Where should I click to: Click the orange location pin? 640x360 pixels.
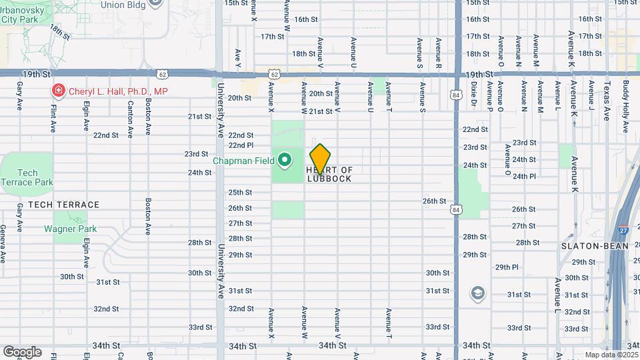[x=321, y=159]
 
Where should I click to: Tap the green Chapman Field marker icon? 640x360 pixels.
[x=285, y=160]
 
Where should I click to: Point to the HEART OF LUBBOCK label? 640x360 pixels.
[x=329, y=175]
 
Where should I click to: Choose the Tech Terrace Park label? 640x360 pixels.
[x=27, y=177]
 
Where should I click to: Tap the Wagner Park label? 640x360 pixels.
[x=70, y=229]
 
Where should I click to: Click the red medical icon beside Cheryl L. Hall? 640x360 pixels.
[x=59, y=91]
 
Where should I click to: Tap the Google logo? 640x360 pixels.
[x=22, y=351]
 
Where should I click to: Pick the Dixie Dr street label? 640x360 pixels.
[x=474, y=94]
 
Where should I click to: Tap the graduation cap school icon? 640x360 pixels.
[x=477, y=293]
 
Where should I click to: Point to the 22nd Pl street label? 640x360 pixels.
[x=241, y=145]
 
